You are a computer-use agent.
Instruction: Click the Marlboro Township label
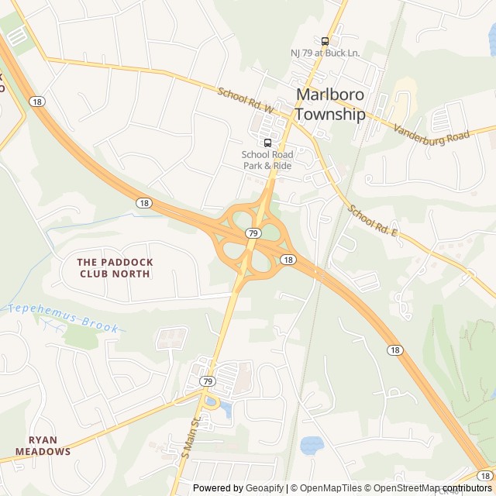click(x=331, y=105)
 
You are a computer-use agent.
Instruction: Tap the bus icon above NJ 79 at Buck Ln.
click(x=325, y=41)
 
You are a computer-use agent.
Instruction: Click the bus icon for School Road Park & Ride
click(x=267, y=143)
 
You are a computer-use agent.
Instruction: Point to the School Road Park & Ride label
click(x=267, y=160)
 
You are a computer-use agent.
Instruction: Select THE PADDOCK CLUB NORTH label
click(x=115, y=268)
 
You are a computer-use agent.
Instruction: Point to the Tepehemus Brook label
click(x=64, y=319)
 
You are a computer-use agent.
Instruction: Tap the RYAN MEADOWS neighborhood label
click(x=43, y=445)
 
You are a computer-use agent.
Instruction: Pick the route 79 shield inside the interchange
click(x=253, y=232)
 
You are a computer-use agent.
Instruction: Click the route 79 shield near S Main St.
click(x=207, y=381)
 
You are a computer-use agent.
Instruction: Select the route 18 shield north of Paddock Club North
click(x=143, y=202)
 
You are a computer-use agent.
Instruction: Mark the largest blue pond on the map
click(x=312, y=445)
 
